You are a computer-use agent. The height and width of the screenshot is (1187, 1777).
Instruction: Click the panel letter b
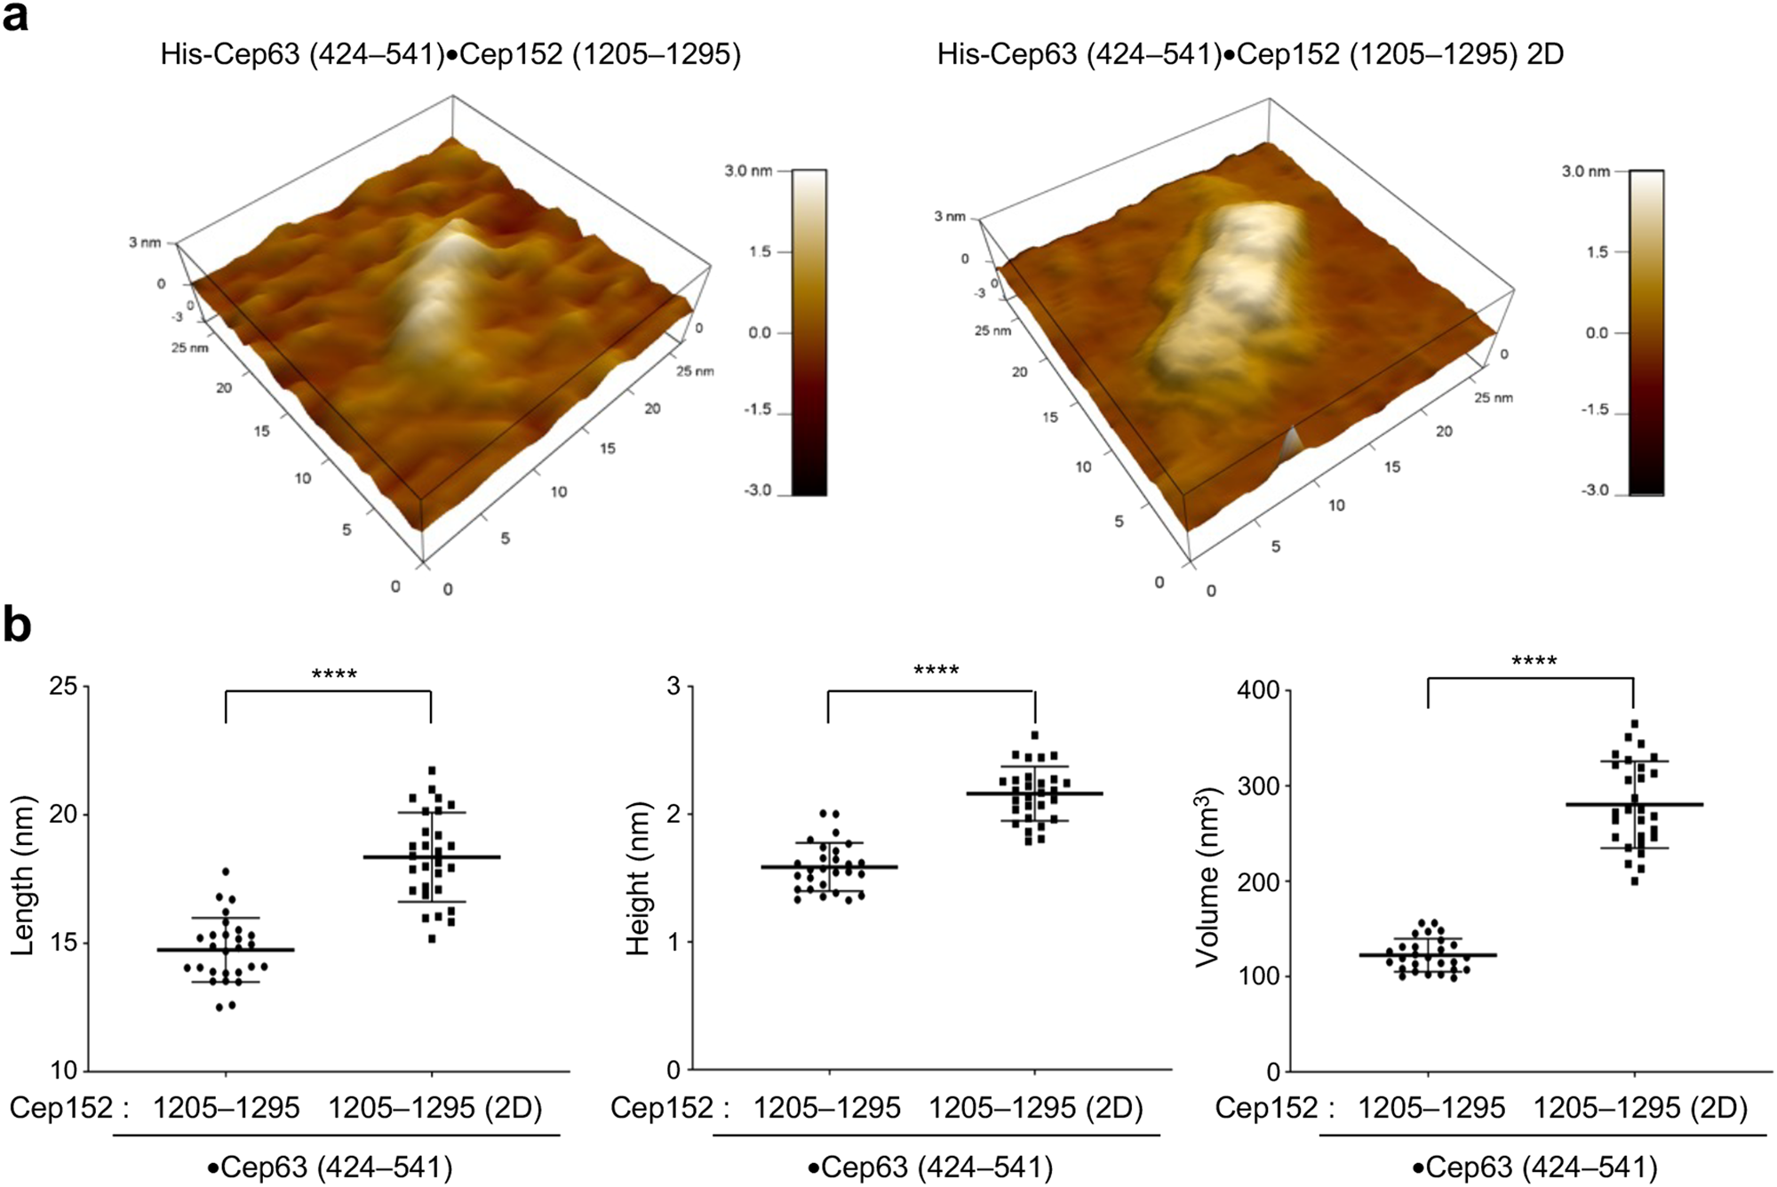click(17, 625)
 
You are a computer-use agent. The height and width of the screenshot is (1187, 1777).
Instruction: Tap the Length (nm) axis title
click(23, 875)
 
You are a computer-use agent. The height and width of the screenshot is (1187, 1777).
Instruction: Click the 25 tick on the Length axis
click(62, 687)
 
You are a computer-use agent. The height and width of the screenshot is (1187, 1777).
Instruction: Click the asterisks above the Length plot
click(334, 675)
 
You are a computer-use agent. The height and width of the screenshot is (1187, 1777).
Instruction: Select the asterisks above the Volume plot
click(1534, 662)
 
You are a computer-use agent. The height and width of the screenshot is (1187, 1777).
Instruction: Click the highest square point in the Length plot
click(432, 770)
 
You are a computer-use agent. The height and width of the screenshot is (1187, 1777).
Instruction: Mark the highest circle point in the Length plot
click(226, 872)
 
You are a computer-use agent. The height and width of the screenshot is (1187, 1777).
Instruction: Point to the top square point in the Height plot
click(1035, 735)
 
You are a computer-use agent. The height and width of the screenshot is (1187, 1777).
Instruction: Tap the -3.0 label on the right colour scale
click(1596, 490)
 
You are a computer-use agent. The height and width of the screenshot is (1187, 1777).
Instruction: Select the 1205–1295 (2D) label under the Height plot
click(1035, 1108)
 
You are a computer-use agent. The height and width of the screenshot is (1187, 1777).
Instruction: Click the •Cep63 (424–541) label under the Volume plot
click(1534, 1167)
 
